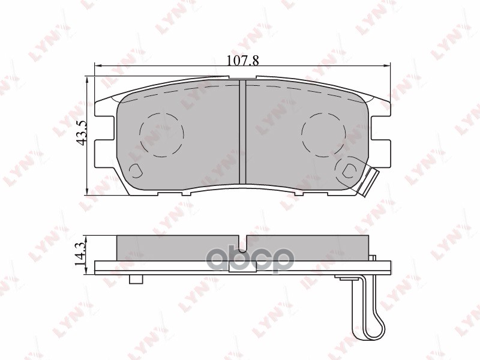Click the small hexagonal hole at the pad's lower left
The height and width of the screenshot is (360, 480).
136,171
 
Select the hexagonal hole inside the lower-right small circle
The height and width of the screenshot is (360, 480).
348,171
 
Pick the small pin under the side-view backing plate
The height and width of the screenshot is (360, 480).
136,280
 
